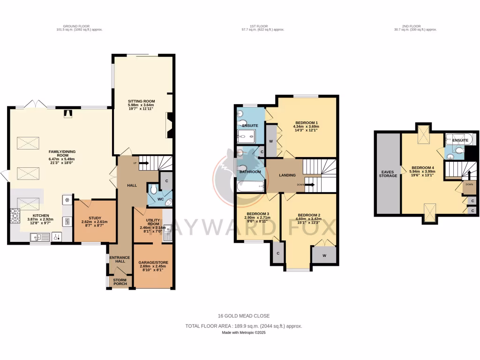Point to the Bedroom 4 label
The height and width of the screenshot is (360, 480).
click(423, 170)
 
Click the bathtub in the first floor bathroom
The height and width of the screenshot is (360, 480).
click(250, 187)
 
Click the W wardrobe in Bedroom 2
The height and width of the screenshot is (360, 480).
click(324, 255)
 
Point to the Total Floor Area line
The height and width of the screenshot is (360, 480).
click(244, 326)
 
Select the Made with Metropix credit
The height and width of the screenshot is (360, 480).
click(244, 333)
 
